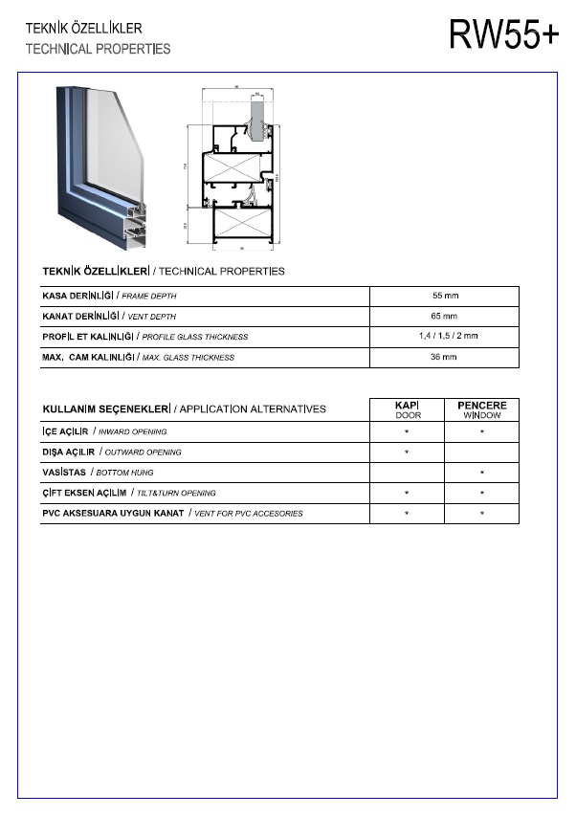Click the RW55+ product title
coord(503,35)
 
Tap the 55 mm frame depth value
coord(445,296)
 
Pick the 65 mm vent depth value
coord(445,316)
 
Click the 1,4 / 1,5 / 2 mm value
coord(445,337)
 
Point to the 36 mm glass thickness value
coord(445,357)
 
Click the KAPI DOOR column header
coord(408,409)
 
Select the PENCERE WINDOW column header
coord(482,409)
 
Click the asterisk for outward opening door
coord(408,452)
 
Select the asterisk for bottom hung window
coord(482,473)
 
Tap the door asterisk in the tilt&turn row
coord(408,494)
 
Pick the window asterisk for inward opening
coord(482,431)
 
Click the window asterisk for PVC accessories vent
coord(482,514)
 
